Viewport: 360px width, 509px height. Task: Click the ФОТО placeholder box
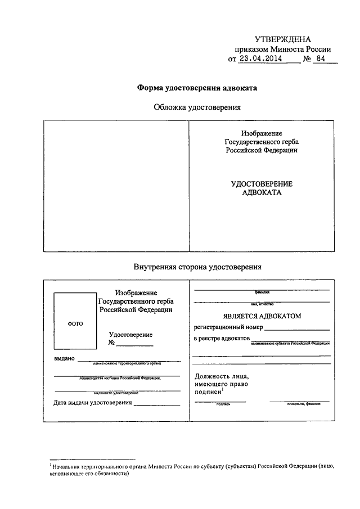pos(75,323)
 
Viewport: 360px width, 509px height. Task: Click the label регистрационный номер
pos(228,327)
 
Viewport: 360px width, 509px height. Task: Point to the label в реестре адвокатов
pos(221,339)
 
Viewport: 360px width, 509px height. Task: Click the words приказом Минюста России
pos(286,48)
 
